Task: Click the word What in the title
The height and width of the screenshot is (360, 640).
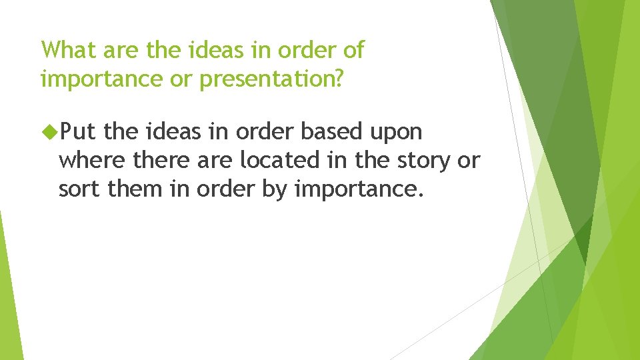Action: (69, 49)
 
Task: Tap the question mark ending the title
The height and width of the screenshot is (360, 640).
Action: (338, 77)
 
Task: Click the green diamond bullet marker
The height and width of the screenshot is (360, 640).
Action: (50, 131)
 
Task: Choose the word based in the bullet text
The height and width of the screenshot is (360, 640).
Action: (331, 131)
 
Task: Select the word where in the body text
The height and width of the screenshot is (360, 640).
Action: (92, 159)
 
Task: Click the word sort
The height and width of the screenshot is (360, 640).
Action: (79, 189)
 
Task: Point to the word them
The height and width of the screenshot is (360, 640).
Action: (135, 188)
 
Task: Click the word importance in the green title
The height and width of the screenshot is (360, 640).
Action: (101, 79)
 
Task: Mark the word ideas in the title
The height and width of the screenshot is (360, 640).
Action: (215, 49)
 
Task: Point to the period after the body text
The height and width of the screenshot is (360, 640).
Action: (420, 195)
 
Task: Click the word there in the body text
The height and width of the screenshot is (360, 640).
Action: (161, 159)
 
